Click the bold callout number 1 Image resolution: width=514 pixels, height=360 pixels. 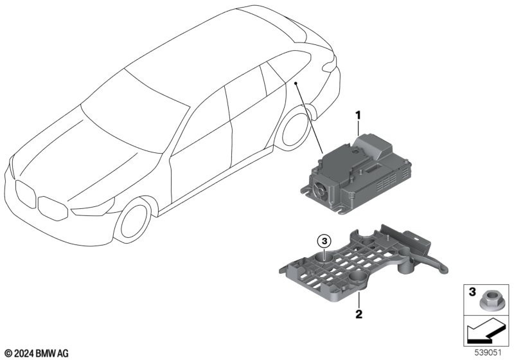click(358, 116)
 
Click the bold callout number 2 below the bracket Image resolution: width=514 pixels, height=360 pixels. click(359, 314)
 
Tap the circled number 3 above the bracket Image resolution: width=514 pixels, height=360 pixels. click(324, 242)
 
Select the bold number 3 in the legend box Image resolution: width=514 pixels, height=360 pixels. click(472, 291)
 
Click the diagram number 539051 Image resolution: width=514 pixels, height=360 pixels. click(488, 353)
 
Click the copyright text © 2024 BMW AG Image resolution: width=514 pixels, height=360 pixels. click(37, 354)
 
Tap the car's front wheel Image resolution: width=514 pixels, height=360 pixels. click(134, 221)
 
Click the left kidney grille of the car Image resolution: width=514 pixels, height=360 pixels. click(25, 194)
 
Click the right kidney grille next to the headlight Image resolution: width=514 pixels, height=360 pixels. click(53, 208)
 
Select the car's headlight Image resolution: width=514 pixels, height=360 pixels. click(93, 207)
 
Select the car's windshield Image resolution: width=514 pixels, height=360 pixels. click(135, 111)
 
